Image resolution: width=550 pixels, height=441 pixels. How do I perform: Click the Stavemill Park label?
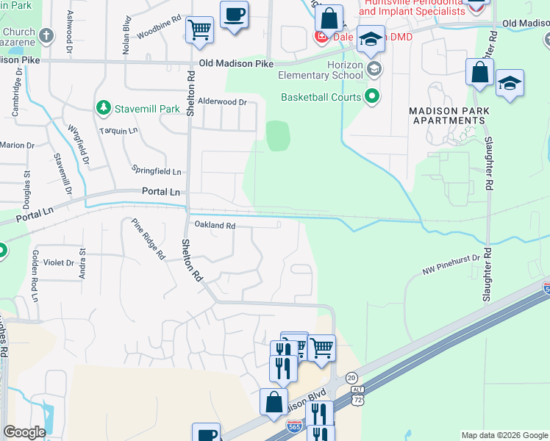pos(148,109)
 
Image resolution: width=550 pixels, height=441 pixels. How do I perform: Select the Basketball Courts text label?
pos(321,97)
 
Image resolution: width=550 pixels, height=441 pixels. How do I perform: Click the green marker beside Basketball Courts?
pos(374,96)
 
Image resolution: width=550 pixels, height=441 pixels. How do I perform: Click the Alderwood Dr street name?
pos(222,102)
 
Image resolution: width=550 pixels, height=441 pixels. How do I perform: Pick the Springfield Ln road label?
pos(156,171)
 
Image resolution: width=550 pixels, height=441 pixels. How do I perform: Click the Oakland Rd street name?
pos(215,226)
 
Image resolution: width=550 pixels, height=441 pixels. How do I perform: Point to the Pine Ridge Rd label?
pos(148,240)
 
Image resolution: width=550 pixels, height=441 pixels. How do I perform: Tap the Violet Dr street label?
pos(59,262)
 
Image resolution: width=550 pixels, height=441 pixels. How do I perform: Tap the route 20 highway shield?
pos(351,377)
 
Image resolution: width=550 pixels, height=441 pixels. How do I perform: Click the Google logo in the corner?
pos(24,432)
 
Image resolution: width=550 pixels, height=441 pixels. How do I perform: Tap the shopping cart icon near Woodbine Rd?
pos(199,31)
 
